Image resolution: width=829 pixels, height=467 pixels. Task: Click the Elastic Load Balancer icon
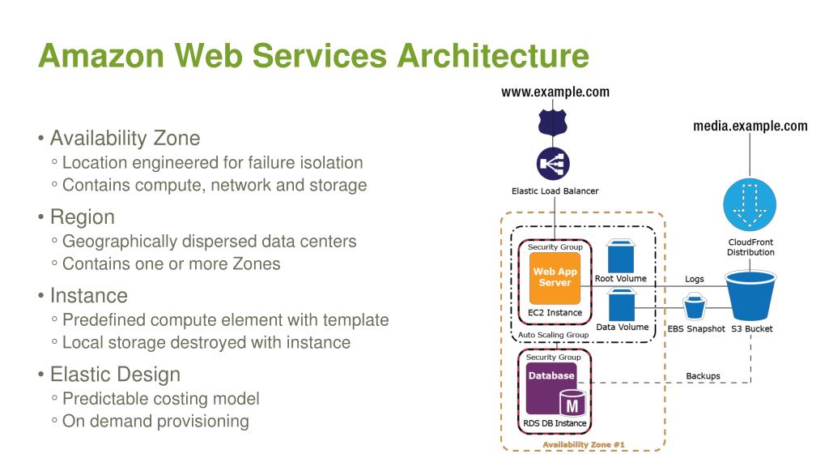pyautogui.click(x=553, y=164)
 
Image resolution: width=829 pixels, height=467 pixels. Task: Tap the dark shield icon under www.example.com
pyautogui.click(x=552, y=122)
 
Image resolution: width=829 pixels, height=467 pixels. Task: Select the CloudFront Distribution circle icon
pyautogui.click(x=750, y=205)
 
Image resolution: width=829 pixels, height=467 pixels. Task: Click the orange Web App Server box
pyautogui.click(x=555, y=277)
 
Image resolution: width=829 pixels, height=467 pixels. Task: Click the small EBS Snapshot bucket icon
pyautogui.click(x=695, y=307)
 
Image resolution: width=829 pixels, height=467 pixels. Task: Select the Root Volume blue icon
pyautogui.click(x=621, y=256)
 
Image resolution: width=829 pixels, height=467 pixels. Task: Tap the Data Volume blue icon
pyautogui.click(x=621, y=305)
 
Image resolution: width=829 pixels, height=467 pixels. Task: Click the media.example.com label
pyautogui.click(x=750, y=126)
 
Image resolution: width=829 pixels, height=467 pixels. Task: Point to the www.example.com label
pyautogui.click(x=555, y=92)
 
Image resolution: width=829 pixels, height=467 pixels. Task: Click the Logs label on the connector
pyautogui.click(x=694, y=279)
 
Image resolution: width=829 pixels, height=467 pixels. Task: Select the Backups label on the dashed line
pyautogui.click(x=703, y=376)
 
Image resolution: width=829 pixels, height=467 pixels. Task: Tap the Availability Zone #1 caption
pyautogui.click(x=583, y=445)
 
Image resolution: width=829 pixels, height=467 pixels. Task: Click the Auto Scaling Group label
pyautogui.click(x=553, y=335)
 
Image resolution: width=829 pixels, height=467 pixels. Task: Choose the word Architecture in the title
pyautogui.click(x=493, y=56)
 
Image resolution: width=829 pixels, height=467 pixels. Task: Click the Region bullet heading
pyautogui.click(x=83, y=217)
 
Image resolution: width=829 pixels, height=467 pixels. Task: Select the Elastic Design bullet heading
pyautogui.click(x=115, y=375)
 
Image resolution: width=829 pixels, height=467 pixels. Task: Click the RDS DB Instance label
pyautogui.click(x=555, y=423)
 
